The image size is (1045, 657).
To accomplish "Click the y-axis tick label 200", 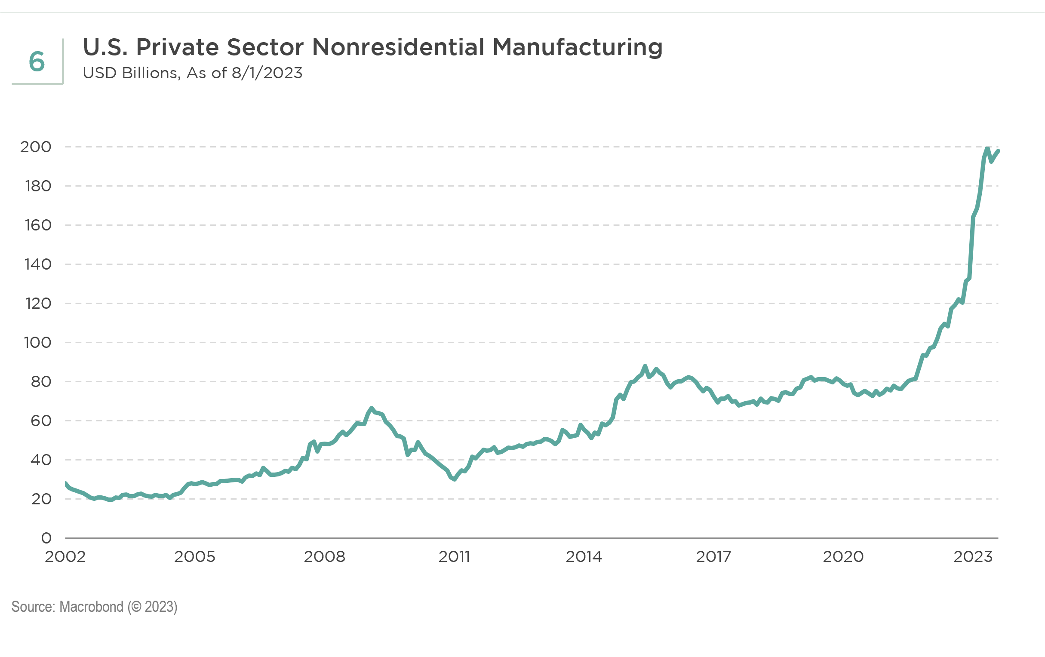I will [36, 147].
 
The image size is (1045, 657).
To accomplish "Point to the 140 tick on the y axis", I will [38, 264].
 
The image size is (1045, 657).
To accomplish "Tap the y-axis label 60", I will [41, 421].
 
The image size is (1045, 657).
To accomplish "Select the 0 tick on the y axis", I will [46, 538].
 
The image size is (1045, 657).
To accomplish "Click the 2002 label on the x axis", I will [65, 557].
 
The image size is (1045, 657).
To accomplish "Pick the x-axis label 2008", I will [324, 557].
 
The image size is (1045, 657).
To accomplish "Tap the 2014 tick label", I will [584, 557].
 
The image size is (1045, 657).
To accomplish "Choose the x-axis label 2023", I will [972, 557].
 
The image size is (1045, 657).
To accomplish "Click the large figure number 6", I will [37, 61].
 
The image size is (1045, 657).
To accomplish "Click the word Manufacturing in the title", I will [577, 47].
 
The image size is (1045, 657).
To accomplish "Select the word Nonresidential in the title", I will [397, 47].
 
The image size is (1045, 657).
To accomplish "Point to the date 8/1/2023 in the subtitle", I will [267, 73].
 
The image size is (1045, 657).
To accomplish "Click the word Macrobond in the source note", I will [91, 607].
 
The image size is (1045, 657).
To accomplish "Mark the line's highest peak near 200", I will [988, 148].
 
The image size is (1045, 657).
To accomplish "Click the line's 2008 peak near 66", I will [372, 408].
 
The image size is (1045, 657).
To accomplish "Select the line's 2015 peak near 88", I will [645, 366].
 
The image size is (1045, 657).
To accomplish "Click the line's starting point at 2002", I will [65, 483].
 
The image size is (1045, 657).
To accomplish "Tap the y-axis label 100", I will [37, 343].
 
